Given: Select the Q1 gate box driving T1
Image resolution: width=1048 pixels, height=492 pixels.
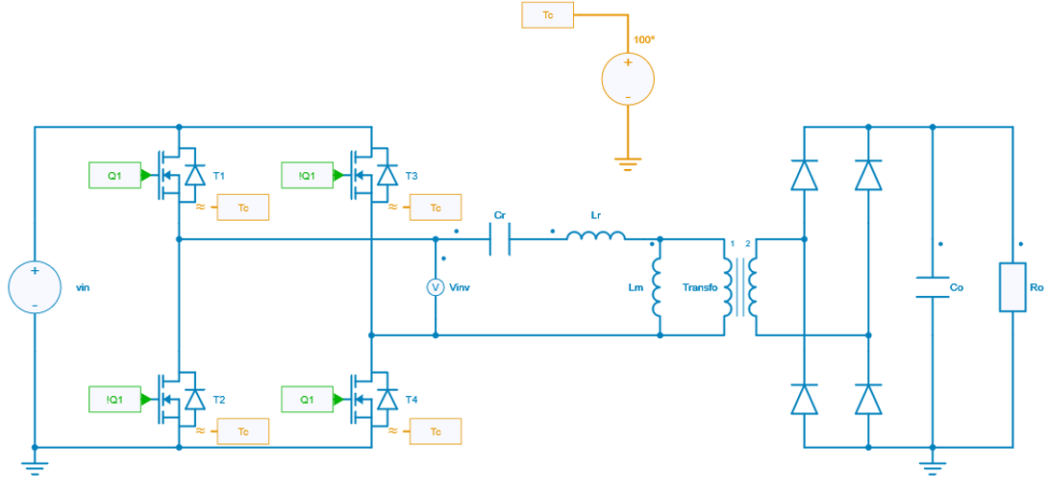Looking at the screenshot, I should click(x=114, y=176).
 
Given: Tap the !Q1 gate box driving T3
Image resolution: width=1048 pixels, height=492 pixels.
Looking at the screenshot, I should click(x=307, y=176).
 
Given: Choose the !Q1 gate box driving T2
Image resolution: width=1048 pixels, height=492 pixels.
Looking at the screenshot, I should click(x=114, y=399).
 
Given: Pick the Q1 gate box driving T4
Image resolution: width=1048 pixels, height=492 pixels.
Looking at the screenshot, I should click(x=307, y=399).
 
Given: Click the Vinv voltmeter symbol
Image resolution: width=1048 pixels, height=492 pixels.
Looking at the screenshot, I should click(x=435, y=287).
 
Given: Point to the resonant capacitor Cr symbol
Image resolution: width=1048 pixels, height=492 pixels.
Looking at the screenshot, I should click(x=499, y=238).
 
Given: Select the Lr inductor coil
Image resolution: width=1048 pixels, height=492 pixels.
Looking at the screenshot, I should click(x=595, y=236).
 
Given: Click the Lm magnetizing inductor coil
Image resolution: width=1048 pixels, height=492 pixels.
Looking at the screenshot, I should click(x=659, y=287).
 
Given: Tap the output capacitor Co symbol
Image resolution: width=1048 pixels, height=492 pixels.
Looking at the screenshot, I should click(x=932, y=287).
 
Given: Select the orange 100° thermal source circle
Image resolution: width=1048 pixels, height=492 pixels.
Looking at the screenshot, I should click(x=628, y=79).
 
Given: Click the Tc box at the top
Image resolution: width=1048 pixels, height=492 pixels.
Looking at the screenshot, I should click(x=548, y=15).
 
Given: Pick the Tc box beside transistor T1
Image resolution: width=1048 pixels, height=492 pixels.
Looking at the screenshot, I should click(x=242, y=208).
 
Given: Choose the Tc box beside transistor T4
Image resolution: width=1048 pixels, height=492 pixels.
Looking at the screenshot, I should click(x=435, y=431).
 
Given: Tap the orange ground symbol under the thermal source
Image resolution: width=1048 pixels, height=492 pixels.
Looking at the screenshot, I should click(x=628, y=164).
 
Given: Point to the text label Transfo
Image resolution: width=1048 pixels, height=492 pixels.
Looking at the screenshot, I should click(x=700, y=287).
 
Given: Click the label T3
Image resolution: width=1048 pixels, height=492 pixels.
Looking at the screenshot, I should click(x=412, y=176).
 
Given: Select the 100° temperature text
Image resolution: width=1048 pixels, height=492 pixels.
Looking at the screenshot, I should click(x=644, y=40).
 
